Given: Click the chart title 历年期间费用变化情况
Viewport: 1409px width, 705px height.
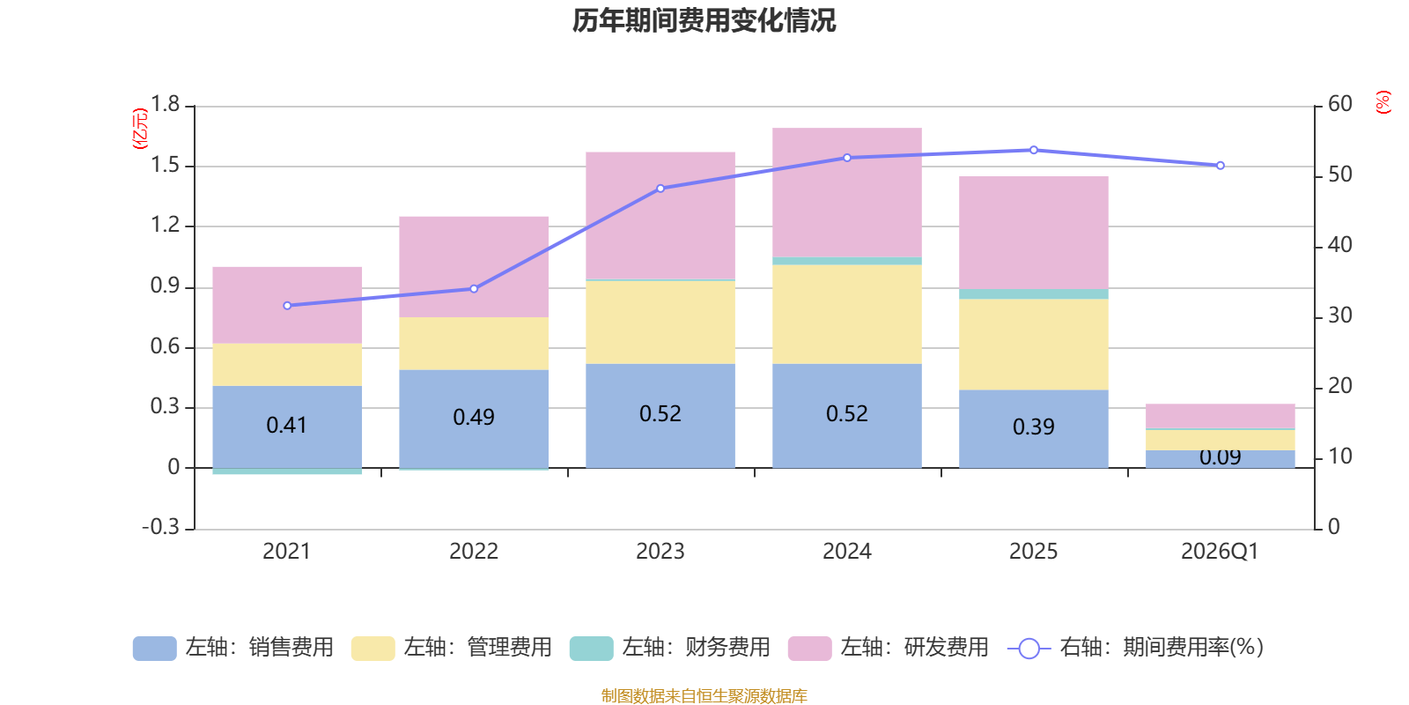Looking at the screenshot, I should pyautogui.click(x=704, y=20).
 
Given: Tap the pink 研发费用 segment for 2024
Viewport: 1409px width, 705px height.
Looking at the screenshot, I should pyautogui.click(x=847, y=192).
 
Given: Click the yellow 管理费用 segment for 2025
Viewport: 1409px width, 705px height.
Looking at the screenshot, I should pyautogui.click(x=1034, y=344).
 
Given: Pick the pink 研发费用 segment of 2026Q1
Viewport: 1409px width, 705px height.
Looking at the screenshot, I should pyautogui.click(x=1221, y=416).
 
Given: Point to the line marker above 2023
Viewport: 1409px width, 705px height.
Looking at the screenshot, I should pyautogui.click(x=660, y=189).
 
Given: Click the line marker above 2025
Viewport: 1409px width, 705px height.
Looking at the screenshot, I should pyautogui.click(x=1034, y=150).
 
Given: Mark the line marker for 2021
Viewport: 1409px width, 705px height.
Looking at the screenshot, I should pyautogui.click(x=287, y=306).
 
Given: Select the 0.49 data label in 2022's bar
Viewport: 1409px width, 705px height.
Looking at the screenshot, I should pyautogui.click(x=474, y=417).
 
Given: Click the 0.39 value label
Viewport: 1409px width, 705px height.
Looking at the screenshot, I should pyautogui.click(x=1034, y=427).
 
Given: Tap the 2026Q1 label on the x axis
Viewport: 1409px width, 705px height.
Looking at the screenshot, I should pyautogui.click(x=1220, y=552).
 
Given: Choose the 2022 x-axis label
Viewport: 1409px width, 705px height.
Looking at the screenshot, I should pyautogui.click(x=474, y=552).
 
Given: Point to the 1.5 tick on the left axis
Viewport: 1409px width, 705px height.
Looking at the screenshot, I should pyautogui.click(x=165, y=166).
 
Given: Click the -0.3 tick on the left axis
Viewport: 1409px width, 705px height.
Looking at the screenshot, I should pyautogui.click(x=160, y=527).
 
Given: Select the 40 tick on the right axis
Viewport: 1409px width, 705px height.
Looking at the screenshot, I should pyautogui.click(x=1339, y=245).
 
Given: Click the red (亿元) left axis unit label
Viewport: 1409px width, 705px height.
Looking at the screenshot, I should pyautogui.click(x=139, y=129).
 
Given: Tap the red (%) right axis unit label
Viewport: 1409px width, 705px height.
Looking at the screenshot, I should pyautogui.click(x=1383, y=102).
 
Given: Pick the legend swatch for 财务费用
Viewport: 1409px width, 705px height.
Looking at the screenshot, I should pyautogui.click(x=591, y=649).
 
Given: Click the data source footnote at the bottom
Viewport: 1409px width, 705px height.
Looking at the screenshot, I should pyautogui.click(x=704, y=696).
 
